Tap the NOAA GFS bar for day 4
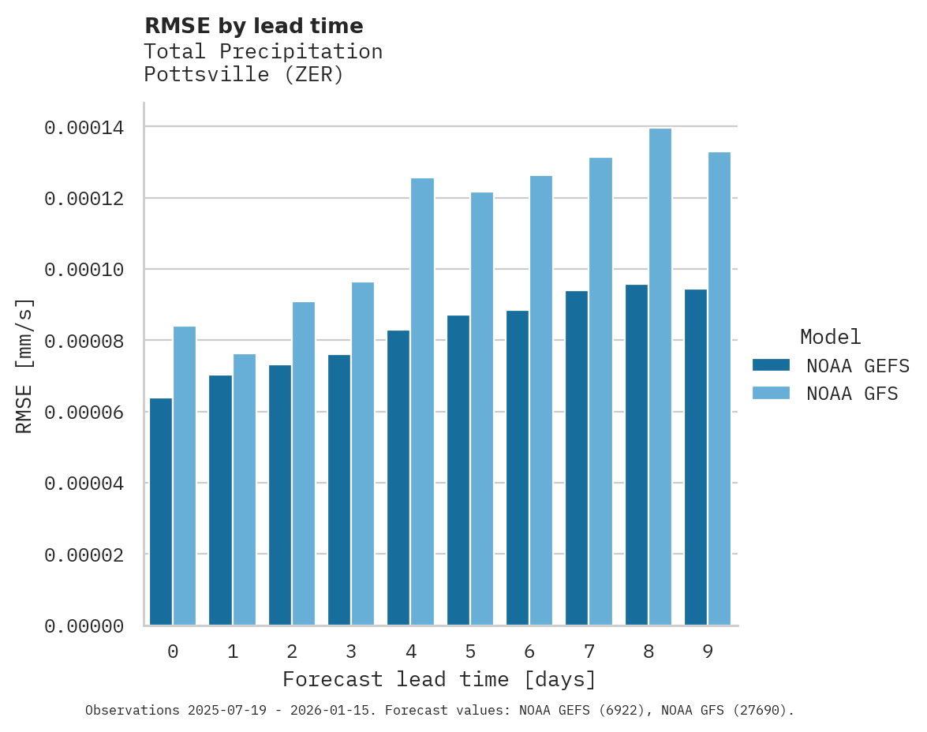pyautogui.click(x=422, y=401)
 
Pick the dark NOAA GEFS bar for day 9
pyautogui.click(x=696, y=458)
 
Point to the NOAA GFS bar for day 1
pyautogui.click(x=245, y=490)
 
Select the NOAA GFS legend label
pyautogui.click(x=852, y=394)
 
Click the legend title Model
pyautogui.click(x=830, y=337)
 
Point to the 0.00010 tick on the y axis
pyautogui.click(x=84, y=270)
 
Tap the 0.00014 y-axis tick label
pyautogui.click(x=84, y=127)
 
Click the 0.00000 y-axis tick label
pyautogui.click(x=84, y=626)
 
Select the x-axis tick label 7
pyautogui.click(x=589, y=652)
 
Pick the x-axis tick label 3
pyautogui.click(x=351, y=652)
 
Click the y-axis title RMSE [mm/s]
pyautogui.click(x=24, y=366)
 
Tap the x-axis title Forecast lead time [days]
pyautogui.click(x=439, y=680)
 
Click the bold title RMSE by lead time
pyautogui.click(x=254, y=26)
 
